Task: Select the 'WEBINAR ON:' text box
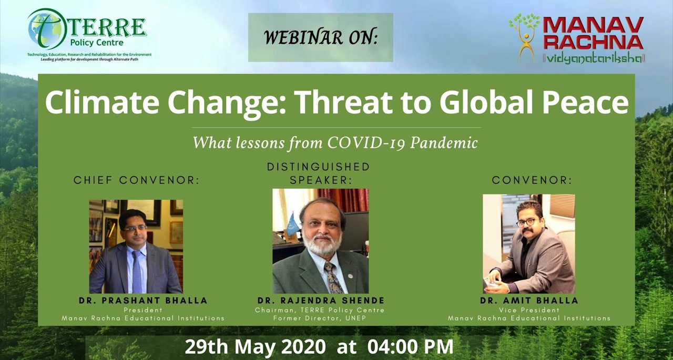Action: point(320,37)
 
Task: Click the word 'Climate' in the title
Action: point(99,103)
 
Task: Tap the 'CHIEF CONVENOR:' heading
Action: point(137,180)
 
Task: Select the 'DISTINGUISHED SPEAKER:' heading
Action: point(319,173)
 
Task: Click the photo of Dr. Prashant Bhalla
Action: point(136,246)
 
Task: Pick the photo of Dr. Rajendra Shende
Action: point(320,241)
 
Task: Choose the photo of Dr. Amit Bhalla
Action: point(528,243)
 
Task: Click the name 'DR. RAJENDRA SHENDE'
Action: point(321,301)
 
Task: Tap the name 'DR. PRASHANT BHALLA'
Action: point(143,301)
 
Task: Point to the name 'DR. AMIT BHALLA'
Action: point(529,301)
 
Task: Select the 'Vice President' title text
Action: point(529,310)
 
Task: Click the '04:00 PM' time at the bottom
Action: point(410,347)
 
